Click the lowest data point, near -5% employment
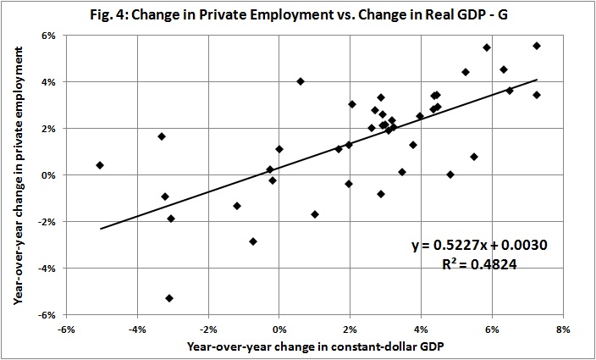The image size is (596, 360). click(169, 298)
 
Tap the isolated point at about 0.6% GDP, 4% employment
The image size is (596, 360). click(301, 81)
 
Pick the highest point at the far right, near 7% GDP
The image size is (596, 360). click(537, 46)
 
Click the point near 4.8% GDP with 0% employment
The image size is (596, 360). click(450, 174)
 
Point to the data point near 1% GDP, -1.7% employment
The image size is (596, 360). click(315, 214)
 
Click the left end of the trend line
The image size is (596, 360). click(101, 229)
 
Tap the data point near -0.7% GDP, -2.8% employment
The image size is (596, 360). click(253, 241)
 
